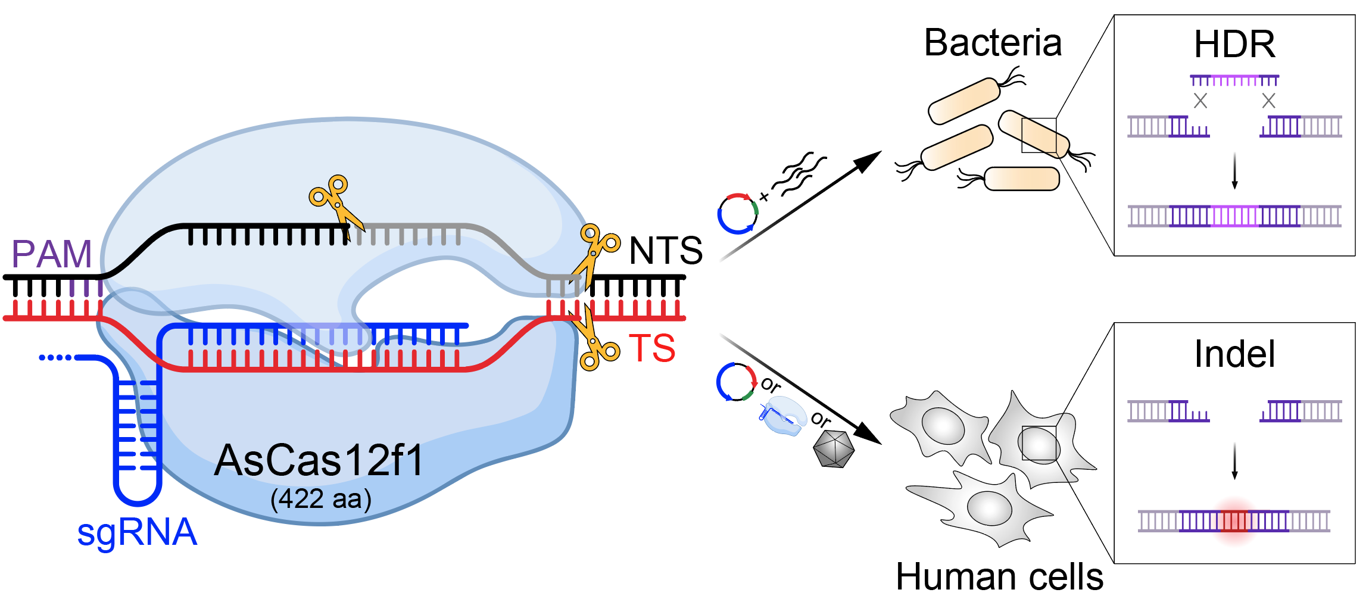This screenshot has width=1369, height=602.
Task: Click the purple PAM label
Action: click(52, 254)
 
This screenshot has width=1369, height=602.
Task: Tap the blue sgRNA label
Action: click(137, 532)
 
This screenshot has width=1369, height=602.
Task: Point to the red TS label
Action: click(653, 348)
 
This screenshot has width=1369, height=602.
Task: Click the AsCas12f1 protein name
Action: click(319, 460)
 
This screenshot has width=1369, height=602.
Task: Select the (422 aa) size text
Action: click(321, 499)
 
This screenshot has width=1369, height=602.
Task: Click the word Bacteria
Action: click(993, 43)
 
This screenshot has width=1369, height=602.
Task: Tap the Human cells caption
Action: click(1000, 577)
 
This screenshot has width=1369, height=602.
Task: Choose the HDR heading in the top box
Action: click(1234, 44)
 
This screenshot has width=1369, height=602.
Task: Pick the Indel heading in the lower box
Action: click(1234, 354)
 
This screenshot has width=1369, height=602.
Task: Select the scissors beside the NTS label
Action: click(594, 254)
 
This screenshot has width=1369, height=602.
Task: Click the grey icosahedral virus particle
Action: click(834, 448)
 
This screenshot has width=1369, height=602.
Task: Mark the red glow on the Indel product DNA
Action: click(1235, 520)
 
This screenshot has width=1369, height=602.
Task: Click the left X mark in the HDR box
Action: click(1200, 101)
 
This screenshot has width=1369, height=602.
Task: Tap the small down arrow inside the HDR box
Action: click(1234, 171)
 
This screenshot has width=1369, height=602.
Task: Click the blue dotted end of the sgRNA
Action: click(55, 357)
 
